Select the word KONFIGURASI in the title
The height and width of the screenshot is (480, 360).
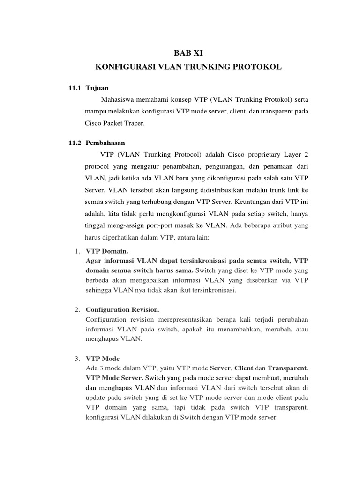[121, 67]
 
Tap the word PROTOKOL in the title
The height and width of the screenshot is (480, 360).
[260, 67]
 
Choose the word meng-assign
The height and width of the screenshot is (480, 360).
[127, 226]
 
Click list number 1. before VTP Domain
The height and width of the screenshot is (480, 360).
[78, 251]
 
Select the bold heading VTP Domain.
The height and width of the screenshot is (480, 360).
[107, 251]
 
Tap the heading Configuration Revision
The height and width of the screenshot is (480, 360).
[122, 310]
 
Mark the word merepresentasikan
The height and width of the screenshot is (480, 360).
[186, 319]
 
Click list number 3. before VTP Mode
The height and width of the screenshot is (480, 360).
[78, 359]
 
